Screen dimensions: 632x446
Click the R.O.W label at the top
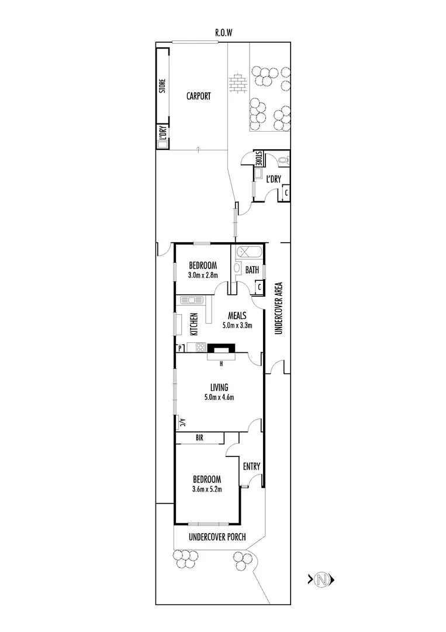point(223,33)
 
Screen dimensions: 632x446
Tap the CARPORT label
point(198,97)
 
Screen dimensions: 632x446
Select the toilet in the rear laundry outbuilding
point(284,159)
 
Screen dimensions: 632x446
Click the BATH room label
point(252,270)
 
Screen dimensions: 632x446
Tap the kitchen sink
point(191,300)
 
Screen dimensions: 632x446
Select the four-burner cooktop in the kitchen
point(199,348)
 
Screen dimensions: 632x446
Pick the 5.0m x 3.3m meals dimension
point(237,325)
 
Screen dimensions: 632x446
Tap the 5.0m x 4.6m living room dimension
point(219,398)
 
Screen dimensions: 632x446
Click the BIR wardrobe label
point(199,438)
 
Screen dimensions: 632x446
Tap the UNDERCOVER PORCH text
point(217,537)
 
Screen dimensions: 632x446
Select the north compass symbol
point(320,580)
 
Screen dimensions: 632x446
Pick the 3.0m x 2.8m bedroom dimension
point(203,275)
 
